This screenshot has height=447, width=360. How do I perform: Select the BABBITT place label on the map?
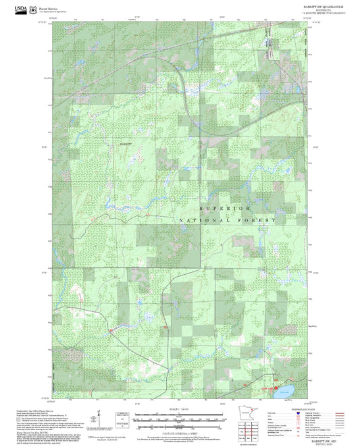(x=127, y=144)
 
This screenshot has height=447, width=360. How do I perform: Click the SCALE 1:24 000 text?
(x=179, y=410)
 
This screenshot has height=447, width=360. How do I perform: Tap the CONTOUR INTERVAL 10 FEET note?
(x=179, y=433)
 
